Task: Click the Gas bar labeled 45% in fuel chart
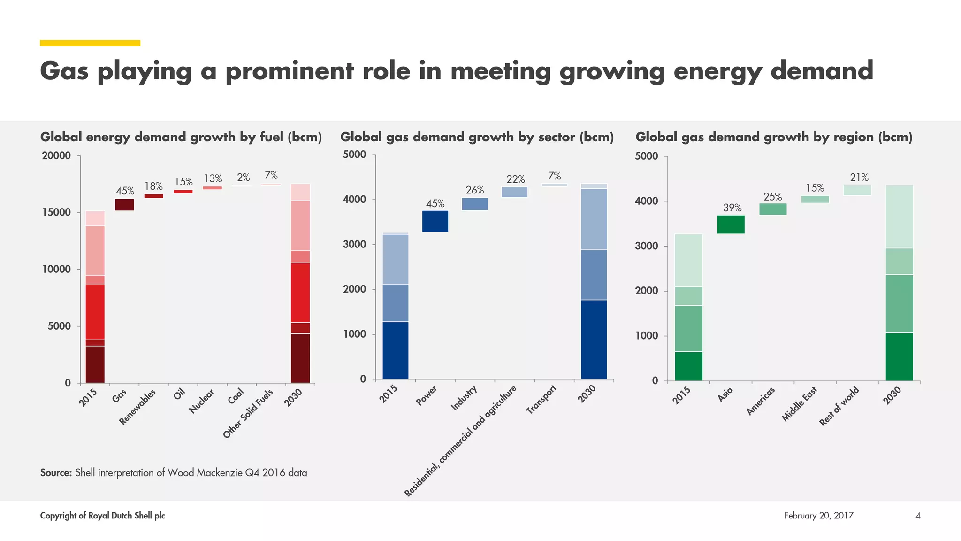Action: coord(124,204)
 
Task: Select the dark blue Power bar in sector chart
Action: coord(435,221)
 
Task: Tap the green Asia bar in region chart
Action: coord(731,224)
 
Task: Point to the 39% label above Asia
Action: coord(732,208)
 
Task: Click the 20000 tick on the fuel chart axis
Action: coord(56,156)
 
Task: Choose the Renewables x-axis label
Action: coord(137,407)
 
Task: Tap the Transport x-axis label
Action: coord(541,399)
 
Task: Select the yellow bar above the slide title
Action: coord(90,43)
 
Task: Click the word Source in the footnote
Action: coord(56,473)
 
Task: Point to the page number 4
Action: coord(918,516)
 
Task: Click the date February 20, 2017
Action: coord(818,516)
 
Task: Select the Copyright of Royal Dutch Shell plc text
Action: coord(102,516)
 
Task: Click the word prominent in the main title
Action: coord(290,71)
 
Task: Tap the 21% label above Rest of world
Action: coord(859,178)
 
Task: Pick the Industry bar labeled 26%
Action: coord(475,204)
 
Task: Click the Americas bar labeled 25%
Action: coord(773,209)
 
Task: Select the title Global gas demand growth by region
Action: coord(774,137)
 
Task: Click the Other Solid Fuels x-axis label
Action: coord(248,414)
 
